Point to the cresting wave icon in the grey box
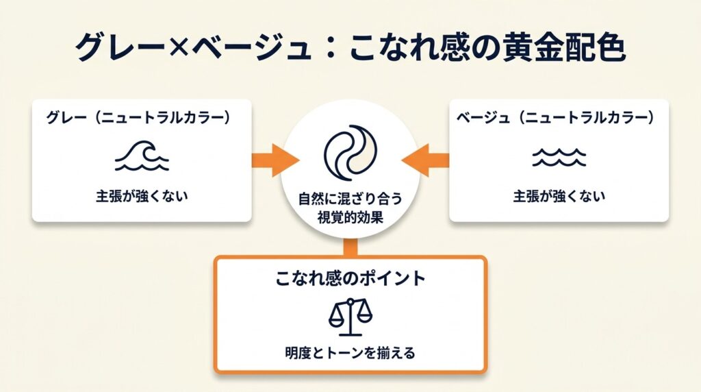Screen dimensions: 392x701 (141, 157)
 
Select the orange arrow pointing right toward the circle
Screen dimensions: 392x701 (274, 160)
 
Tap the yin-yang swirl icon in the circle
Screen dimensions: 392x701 (350, 151)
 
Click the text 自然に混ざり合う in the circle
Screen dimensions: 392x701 (350, 199)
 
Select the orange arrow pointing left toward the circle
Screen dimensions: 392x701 (426, 160)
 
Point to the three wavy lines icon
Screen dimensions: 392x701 (559, 158)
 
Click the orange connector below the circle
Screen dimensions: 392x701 (350, 247)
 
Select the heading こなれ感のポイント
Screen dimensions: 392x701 (350, 278)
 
